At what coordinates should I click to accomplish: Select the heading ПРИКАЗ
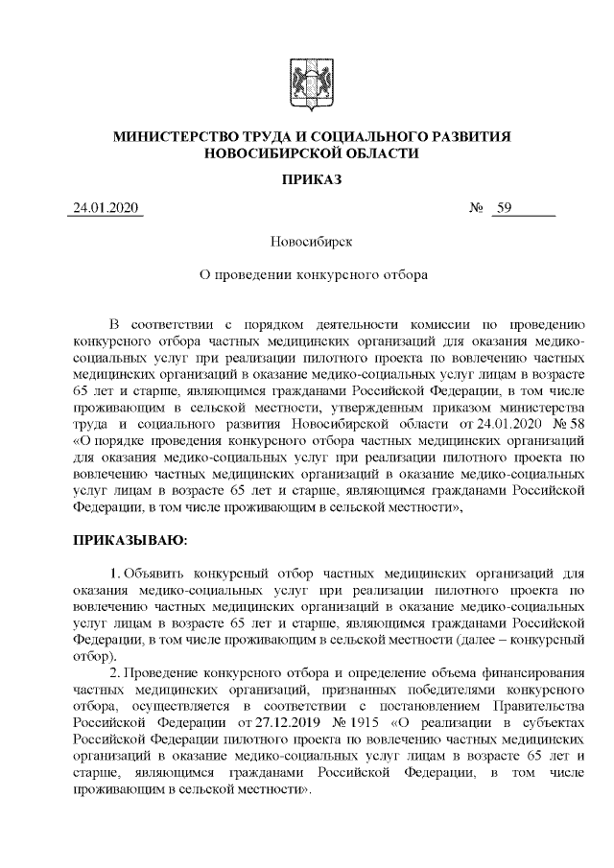[x=307, y=179]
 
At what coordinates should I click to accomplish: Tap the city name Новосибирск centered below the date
[x=307, y=244]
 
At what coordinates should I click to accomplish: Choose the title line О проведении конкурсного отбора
[x=307, y=274]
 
